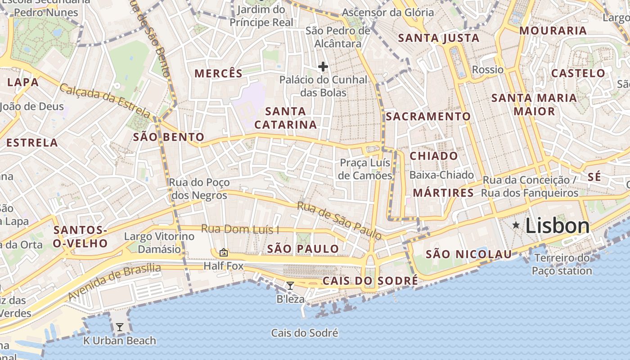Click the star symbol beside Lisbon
click(x=516, y=225)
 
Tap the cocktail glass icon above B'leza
click(x=290, y=285)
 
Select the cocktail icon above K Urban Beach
click(x=120, y=327)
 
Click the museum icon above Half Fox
click(x=223, y=252)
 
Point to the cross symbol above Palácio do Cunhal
click(x=323, y=67)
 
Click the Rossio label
click(x=488, y=70)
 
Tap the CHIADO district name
click(x=434, y=156)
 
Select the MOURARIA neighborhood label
click(x=553, y=31)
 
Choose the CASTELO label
click(x=578, y=73)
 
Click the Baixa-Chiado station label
click(x=441, y=175)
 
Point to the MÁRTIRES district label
click(x=443, y=193)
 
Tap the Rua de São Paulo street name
click(x=339, y=220)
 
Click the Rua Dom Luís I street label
click(x=240, y=229)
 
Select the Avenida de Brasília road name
click(x=114, y=282)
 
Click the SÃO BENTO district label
click(x=169, y=137)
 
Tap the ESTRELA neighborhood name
click(x=32, y=143)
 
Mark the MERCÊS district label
click(x=218, y=73)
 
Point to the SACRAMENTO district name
click(x=428, y=117)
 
